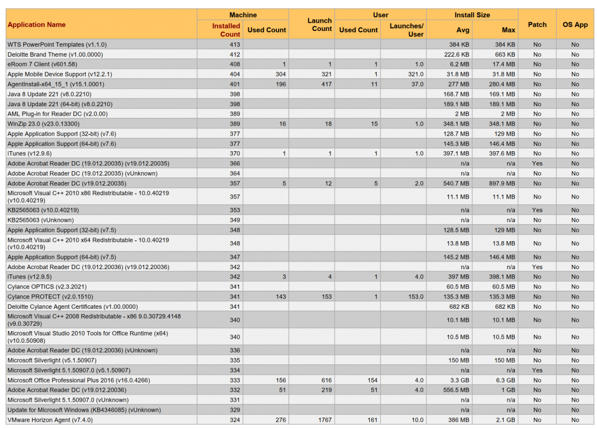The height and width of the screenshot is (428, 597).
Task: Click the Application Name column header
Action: tap(37, 25)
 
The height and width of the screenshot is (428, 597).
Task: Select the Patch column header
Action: tap(537, 25)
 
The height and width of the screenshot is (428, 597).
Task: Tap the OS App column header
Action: tap(575, 25)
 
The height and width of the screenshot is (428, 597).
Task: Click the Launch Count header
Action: tap(319, 25)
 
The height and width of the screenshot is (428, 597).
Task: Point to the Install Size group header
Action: tap(472, 15)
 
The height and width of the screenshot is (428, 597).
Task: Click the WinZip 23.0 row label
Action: tap(43, 124)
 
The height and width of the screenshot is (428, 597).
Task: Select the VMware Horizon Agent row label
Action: tap(50, 420)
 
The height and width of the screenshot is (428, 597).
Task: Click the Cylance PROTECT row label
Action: tap(50, 297)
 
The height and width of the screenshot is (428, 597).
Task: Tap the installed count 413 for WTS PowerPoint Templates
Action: tap(234, 44)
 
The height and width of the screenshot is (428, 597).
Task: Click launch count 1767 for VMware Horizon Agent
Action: tap(325, 420)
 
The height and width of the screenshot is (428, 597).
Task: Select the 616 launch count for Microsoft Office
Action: tap(326, 380)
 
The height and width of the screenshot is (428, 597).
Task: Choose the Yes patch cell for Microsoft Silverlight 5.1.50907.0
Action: tap(537, 370)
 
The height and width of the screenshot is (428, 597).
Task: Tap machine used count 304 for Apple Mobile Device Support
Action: tap(280, 74)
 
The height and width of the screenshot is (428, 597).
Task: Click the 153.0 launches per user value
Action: tap(416, 297)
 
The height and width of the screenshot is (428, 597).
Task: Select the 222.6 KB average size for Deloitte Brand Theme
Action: tap(456, 54)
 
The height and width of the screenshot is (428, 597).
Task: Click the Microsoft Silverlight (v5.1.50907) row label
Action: tap(52, 360)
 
